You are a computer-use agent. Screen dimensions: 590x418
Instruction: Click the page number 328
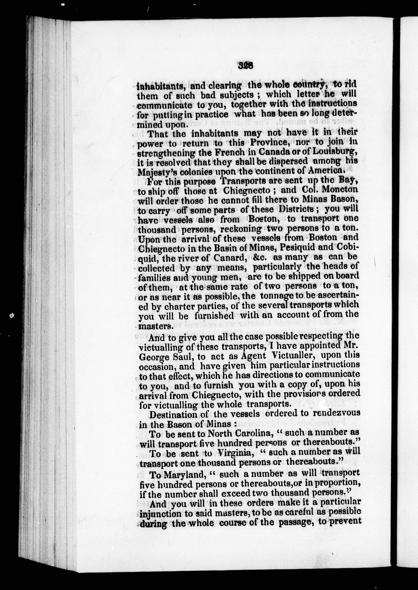pyautogui.click(x=246, y=66)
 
